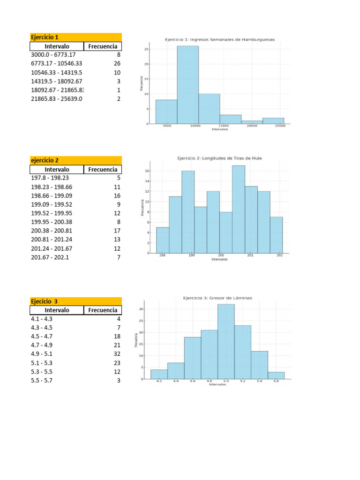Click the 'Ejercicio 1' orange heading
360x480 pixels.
(45, 37)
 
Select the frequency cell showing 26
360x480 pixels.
(117, 64)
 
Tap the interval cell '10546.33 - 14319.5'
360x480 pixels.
(56, 73)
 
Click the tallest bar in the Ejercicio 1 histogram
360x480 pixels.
(187, 84)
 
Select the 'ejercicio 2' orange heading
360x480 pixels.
(45, 160)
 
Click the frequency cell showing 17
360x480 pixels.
(117, 231)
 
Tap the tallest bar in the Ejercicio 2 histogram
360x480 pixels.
(238, 209)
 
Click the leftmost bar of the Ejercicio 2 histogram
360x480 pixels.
(162, 240)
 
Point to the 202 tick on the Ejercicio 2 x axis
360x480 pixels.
(280, 256)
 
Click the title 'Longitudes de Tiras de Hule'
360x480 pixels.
(219, 158)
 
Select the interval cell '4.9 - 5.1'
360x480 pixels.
(41, 354)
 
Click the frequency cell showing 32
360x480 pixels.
(117, 354)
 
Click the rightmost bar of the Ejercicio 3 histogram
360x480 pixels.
(276, 375)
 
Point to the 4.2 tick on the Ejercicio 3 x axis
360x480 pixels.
(159, 382)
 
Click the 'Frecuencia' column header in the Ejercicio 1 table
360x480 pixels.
(103, 46)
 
